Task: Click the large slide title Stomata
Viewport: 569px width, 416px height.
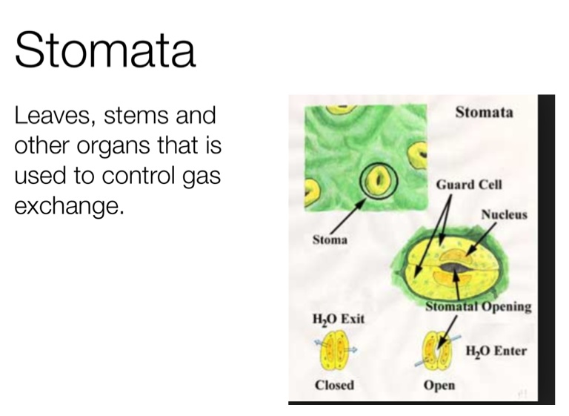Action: (x=105, y=50)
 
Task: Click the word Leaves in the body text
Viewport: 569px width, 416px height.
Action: (x=54, y=116)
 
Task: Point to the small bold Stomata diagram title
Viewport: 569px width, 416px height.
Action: (x=484, y=112)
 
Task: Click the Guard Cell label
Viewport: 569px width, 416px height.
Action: (x=469, y=185)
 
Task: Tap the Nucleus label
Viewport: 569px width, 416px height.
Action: (x=504, y=214)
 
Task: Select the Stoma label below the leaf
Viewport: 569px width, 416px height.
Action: (x=330, y=240)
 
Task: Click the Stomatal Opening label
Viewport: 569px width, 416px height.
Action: (x=479, y=306)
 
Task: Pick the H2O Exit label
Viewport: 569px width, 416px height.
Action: (x=338, y=319)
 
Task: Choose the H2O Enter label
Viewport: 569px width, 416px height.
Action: (x=496, y=351)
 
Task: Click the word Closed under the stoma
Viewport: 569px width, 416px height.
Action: (x=334, y=385)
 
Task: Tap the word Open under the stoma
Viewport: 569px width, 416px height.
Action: (x=439, y=385)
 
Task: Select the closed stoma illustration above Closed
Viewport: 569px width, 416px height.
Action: (x=334, y=350)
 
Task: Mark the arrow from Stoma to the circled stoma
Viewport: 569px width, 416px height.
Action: (x=347, y=217)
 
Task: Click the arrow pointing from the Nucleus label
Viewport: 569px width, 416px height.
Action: (x=481, y=239)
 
